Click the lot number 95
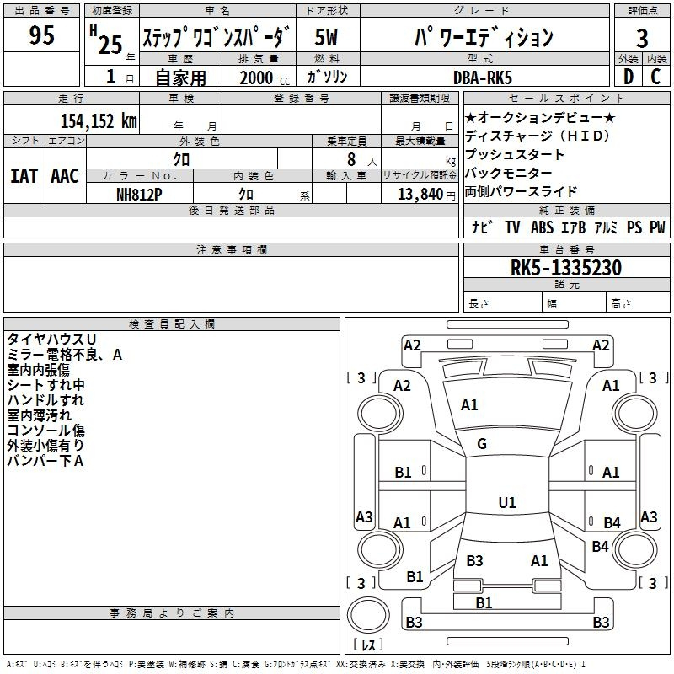pyautogui.click(x=41, y=35)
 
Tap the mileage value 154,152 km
pyautogui.click(x=99, y=120)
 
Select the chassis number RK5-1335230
pyautogui.click(x=566, y=267)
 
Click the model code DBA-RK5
pyautogui.click(x=483, y=78)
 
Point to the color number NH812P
pyautogui.click(x=139, y=195)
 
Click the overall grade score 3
pyautogui.click(x=642, y=39)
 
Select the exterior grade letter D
pyautogui.click(x=629, y=77)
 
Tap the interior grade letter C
pyautogui.click(x=655, y=77)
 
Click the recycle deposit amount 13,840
pyautogui.click(x=420, y=195)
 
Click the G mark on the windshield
pyautogui.click(x=482, y=444)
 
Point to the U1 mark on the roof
pyautogui.click(x=507, y=502)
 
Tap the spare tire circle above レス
pyautogui.click(x=368, y=615)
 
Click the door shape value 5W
pyautogui.click(x=326, y=37)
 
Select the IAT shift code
pyautogui.click(x=24, y=176)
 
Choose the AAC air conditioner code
pyautogui.click(x=65, y=176)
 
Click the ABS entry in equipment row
pyautogui.click(x=542, y=227)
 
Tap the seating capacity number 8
pyautogui.click(x=351, y=159)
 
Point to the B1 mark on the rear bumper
pyautogui.click(x=484, y=602)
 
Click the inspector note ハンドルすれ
pyautogui.click(x=45, y=400)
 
